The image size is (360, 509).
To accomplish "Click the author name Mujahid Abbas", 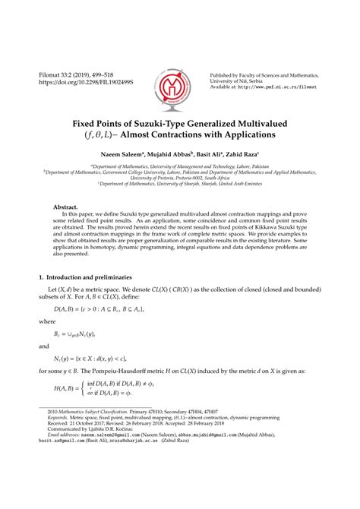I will tap(163, 154).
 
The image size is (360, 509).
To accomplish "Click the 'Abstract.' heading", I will tap(65, 207).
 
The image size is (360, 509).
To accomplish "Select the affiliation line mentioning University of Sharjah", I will tap(180, 185).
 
